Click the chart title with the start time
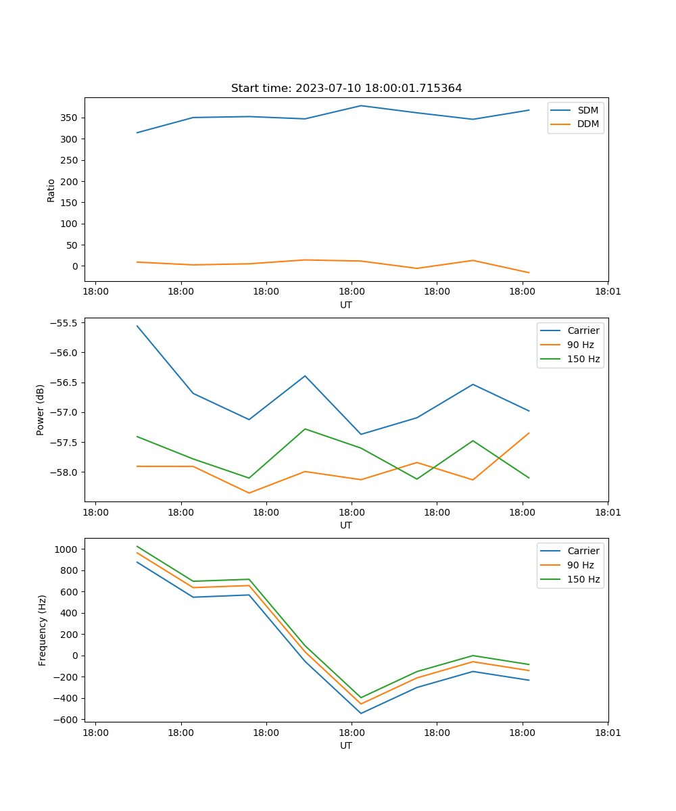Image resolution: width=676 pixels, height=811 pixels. (x=346, y=89)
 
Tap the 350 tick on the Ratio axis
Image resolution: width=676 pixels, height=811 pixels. (x=70, y=118)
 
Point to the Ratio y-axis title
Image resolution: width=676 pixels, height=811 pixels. (x=51, y=190)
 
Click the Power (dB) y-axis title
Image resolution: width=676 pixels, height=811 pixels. (x=41, y=410)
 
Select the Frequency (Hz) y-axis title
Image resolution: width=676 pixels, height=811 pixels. (x=43, y=631)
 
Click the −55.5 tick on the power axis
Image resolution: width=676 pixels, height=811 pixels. (x=63, y=323)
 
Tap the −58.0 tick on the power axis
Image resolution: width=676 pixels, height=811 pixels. (x=63, y=472)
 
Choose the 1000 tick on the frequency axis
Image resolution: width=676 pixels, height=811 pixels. (x=66, y=549)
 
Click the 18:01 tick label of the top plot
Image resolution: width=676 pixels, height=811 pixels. (x=607, y=292)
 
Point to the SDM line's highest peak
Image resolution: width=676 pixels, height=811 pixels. (x=361, y=105)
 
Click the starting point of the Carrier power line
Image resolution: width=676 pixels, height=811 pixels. (x=137, y=326)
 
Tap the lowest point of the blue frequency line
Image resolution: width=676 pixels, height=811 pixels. (x=361, y=713)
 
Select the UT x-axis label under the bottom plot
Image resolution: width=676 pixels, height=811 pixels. (x=346, y=745)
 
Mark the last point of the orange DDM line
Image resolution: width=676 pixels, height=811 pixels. (x=529, y=273)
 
